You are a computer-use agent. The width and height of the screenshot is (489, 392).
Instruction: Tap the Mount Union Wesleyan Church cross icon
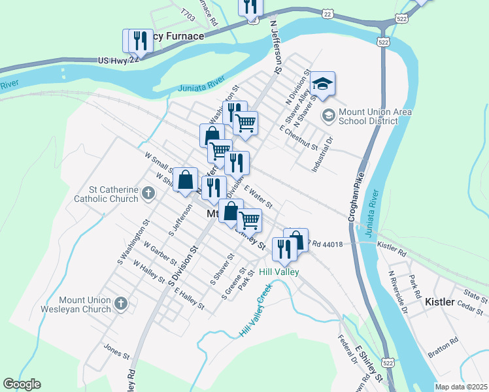point(120,303)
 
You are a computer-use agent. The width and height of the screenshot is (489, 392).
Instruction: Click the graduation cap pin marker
point(322,84)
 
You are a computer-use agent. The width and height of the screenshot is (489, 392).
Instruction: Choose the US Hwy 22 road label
point(118,59)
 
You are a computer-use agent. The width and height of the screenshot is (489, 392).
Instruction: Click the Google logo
point(22,384)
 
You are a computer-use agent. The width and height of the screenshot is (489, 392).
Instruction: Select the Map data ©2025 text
point(461,387)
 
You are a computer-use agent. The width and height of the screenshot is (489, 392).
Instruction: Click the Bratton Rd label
point(443,342)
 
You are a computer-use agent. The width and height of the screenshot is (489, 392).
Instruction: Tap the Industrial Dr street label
point(323,154)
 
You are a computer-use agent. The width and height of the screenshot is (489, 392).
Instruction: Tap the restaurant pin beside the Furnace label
point(139,41)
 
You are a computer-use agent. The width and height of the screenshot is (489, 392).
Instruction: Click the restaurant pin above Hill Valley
point(284,250)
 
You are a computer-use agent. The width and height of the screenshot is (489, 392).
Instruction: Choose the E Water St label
point(258,197)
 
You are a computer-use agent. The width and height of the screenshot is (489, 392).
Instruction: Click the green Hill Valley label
point(278,272)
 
